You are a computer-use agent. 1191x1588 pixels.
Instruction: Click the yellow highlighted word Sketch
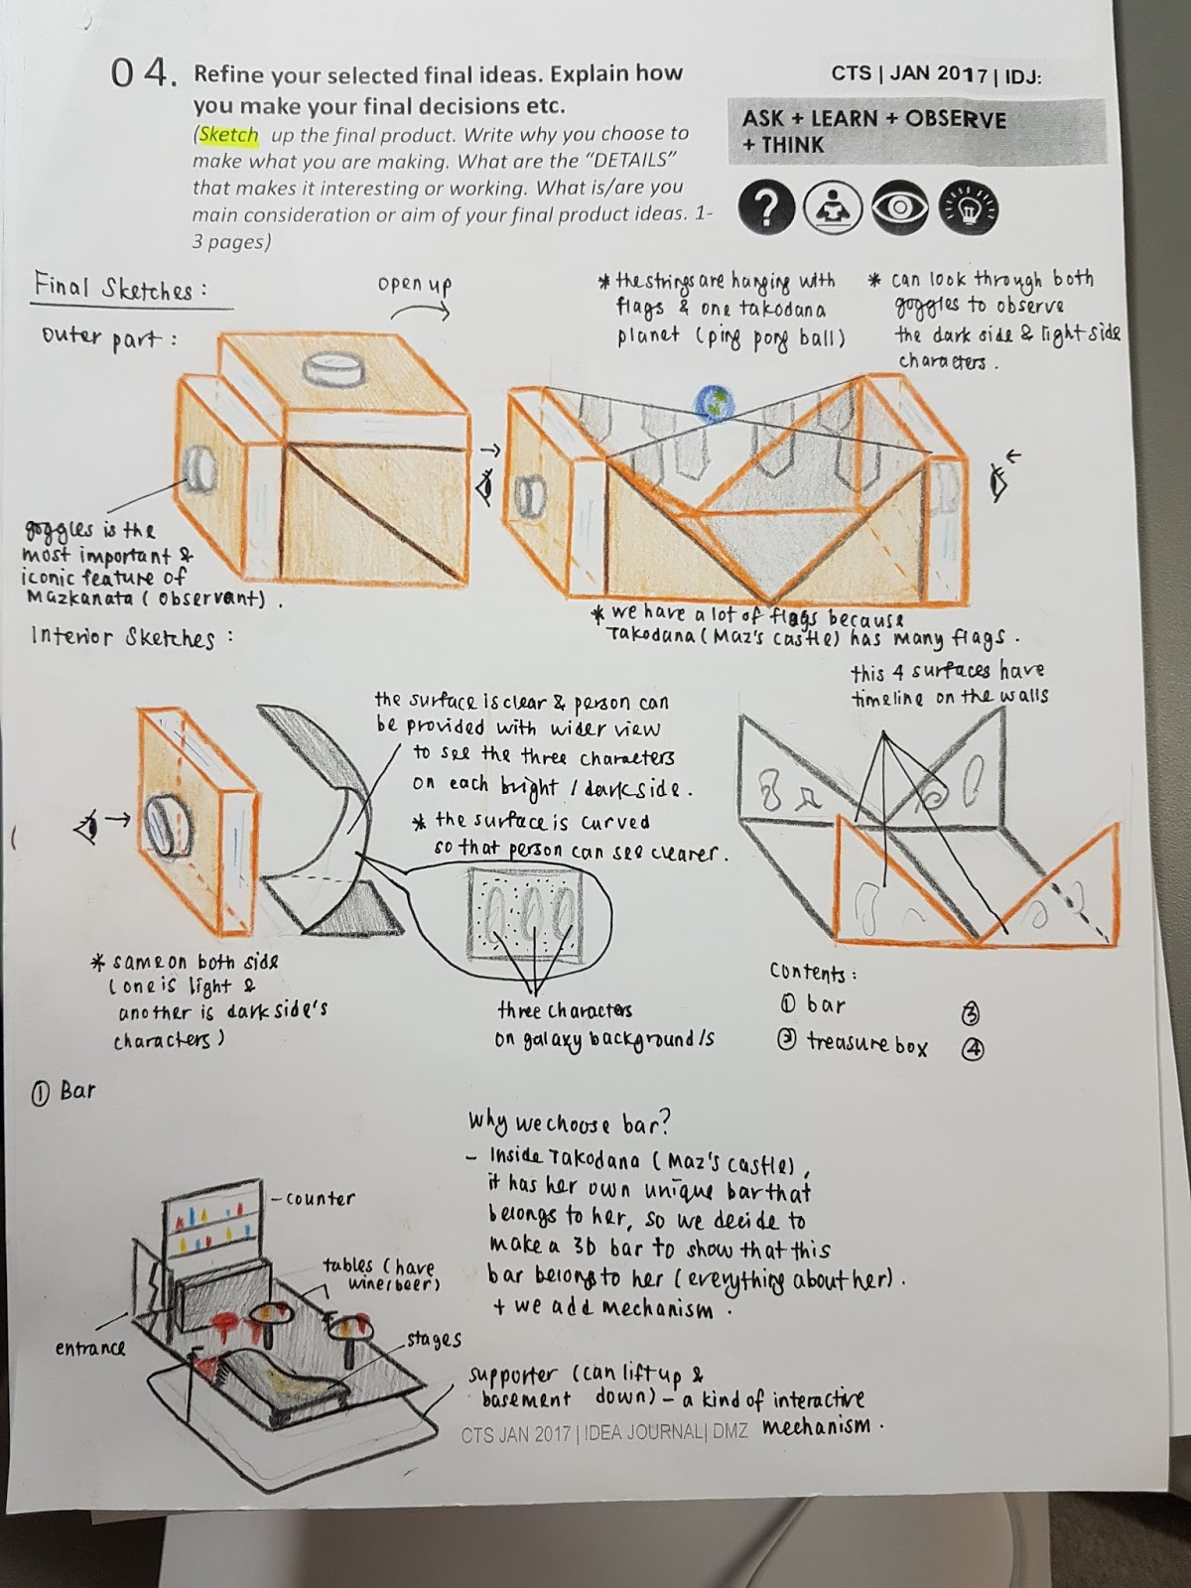point(228,135)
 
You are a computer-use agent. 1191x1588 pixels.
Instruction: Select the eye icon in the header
point(900,208)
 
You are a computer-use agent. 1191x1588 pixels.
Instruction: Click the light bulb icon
point(969,209)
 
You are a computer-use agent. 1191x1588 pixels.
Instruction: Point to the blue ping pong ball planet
point(716,403)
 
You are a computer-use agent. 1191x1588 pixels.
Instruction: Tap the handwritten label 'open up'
point(415,285)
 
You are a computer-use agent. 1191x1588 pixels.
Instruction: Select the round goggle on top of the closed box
point(332,369)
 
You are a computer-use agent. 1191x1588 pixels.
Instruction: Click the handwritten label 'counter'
point(320,1198)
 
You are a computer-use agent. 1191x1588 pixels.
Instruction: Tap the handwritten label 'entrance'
point(90,1348)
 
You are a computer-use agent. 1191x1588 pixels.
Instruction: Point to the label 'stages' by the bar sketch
point(435,1339)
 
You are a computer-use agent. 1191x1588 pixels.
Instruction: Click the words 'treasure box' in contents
point(866,1043)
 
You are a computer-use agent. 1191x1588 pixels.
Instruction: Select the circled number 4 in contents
point(973,1049)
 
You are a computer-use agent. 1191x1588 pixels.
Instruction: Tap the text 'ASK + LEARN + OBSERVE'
point(873,120)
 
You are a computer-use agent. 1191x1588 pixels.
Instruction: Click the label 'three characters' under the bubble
point(564,1011)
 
